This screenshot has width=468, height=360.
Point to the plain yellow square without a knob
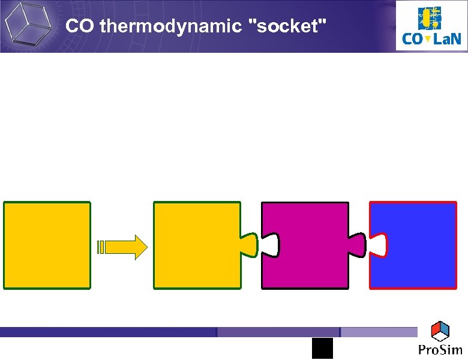(x=47, y=245)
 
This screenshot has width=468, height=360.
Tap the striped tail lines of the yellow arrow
(x=100, y=247)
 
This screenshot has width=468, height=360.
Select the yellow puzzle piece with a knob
(x=197, y=245)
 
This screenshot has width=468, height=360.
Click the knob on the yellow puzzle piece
(x=249, y=244)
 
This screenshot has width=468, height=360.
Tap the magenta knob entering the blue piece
(x=357, y=244)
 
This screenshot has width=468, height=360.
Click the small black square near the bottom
(x=322, y=348)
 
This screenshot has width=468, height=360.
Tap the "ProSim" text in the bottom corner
(x=440, y=350)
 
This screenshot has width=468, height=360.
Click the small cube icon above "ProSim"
(x=440, y=331)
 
